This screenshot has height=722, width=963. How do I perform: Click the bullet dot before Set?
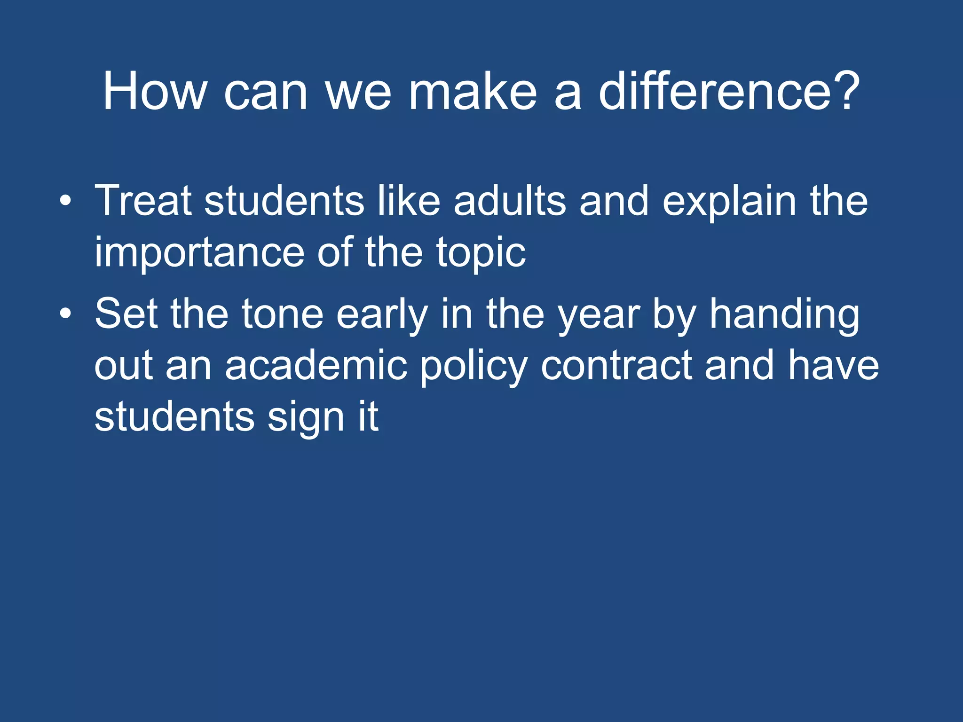coord(66,314)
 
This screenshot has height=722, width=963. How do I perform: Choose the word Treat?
coord(143,201)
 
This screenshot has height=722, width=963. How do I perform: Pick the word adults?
coord(510,201)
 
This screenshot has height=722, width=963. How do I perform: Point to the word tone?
coord(282,314)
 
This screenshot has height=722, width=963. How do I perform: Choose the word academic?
coord(316,365)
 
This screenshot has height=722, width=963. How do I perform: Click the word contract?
coord(616,365)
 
